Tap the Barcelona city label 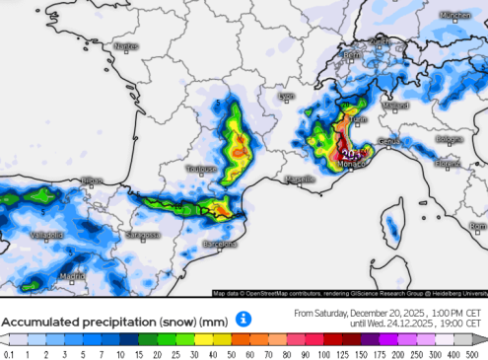coord(221,243)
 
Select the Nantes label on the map coord(126,46)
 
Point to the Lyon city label coord(287,97)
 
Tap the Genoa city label coord(389,142)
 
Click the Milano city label coord(396,106)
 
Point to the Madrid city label coord(71,276)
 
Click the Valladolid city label coord(46,235)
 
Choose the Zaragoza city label coord(142,235)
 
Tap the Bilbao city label coord(92,180)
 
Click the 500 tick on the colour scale coord(478,354)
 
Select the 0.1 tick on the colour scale coord(8,354)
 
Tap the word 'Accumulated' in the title coord(41,322)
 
